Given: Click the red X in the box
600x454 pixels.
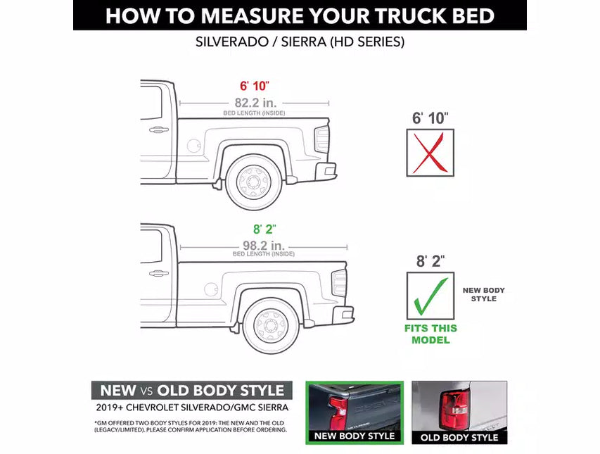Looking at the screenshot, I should [430, 153].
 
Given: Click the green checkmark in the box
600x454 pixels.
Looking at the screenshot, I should [430, 296].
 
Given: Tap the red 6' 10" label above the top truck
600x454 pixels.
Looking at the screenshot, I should [254, 87].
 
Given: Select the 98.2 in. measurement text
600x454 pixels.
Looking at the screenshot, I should [264, 246].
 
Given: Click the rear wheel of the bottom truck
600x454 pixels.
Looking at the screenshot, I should [272, 325].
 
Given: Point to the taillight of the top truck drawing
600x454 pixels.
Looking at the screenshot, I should [321, 139].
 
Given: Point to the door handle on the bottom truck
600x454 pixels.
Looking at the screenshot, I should [159, 273].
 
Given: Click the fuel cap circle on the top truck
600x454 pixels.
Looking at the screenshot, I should [194, 146].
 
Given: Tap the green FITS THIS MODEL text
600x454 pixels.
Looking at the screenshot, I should [430, 334].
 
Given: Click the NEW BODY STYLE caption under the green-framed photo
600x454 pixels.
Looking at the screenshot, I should [355, 436].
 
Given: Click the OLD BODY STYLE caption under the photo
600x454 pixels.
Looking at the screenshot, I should [459, 437].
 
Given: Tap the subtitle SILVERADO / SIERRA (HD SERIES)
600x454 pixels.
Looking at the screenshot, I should [300, 42].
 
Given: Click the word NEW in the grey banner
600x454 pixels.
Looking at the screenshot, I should [118, 391].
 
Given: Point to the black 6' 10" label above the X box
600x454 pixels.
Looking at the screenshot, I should [430, 118].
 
